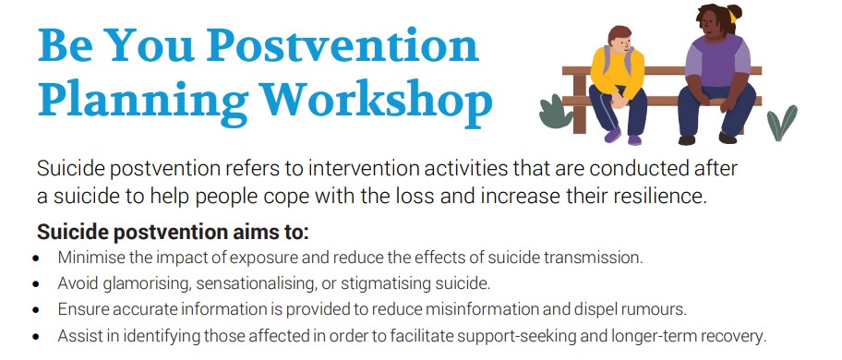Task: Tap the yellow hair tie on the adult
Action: [x=732, y=16]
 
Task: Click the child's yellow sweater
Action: [x=618, y=72]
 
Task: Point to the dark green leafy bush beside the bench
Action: [x=556, y=111]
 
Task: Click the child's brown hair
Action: [x=620, y=34]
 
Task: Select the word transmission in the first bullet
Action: [x=593, y=257]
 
